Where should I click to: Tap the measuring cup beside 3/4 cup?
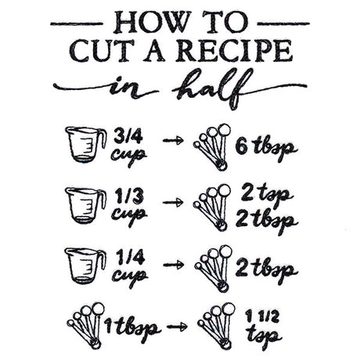coord(84,144)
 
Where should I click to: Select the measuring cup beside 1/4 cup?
coord(84,265)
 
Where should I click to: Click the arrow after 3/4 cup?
coord(172,142)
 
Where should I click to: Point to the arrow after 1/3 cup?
coord(172,203)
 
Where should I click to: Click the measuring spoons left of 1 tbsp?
coord(84,321)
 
